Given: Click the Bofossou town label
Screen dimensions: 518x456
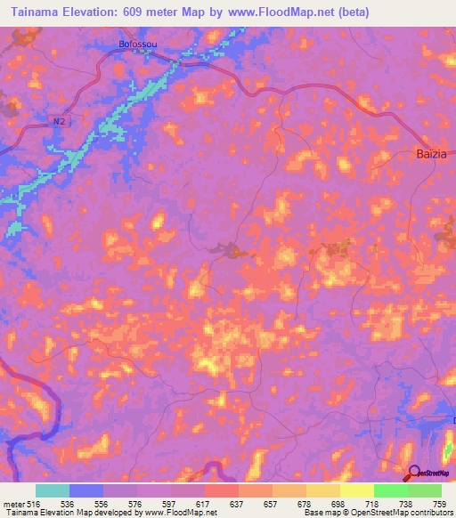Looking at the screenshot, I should [x=140, y=42].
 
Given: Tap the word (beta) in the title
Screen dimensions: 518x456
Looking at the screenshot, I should [x=348, y=12].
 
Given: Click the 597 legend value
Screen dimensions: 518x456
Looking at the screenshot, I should [x=168, y=503].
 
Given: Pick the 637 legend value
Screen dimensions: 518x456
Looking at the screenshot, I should [x=238, y=503].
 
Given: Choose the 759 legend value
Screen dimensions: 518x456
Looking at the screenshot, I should [x=438, y=503].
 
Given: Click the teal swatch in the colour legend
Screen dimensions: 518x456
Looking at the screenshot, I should [x=52, y=490].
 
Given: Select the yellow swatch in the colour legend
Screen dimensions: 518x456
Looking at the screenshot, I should [x=356, y=490].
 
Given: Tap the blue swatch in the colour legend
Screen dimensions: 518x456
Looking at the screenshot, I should [x=86, y=490].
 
